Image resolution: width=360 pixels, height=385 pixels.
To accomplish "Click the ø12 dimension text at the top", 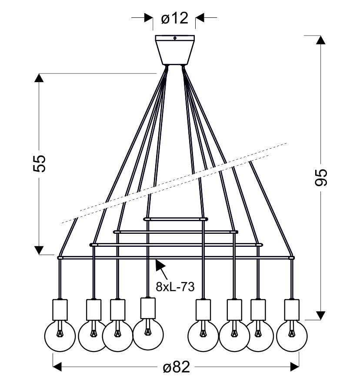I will coord(174,18).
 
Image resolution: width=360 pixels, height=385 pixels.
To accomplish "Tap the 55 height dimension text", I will coord(40,163).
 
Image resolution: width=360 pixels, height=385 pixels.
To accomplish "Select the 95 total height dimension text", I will coord(320,177).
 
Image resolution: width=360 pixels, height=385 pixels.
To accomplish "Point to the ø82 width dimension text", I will coord(176,368).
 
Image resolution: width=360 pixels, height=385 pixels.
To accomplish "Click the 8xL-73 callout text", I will coord(175,287).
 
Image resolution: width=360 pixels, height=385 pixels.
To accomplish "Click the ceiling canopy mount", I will coord(175,50).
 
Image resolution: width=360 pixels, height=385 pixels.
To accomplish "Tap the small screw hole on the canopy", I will coord(175,38).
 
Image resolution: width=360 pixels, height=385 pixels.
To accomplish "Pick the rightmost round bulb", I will coord(292,336).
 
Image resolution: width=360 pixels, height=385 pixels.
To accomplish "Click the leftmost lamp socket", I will coord(60,309).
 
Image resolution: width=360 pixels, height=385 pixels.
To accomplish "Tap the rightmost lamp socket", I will coord(292,309).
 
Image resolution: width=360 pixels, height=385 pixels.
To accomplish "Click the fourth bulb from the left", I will coord(148,334).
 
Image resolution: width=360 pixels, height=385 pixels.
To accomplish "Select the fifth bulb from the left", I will coord(203,336).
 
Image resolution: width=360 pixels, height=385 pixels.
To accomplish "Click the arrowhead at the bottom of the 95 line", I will coord(320,315).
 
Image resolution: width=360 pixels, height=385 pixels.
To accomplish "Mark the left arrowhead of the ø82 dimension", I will coord(57,367).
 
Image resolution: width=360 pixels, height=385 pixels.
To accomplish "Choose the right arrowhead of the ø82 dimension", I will coord(295,367).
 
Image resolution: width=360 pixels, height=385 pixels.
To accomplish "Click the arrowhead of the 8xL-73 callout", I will coord(159,265).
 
